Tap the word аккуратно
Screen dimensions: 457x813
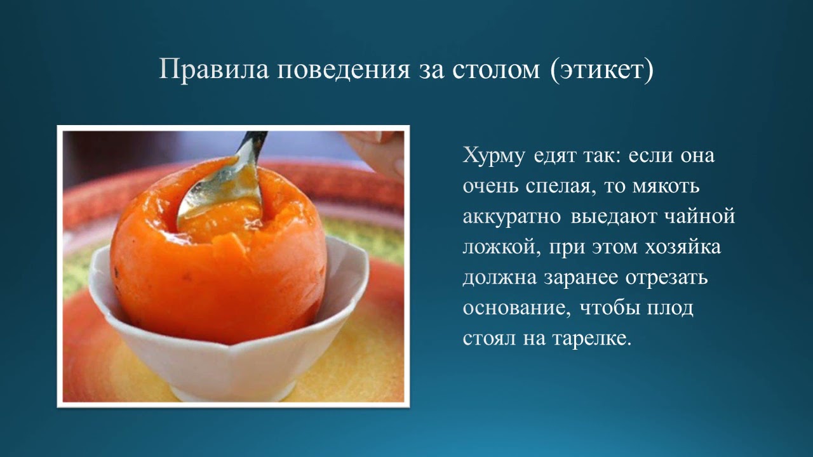click(x=512, y=216)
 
